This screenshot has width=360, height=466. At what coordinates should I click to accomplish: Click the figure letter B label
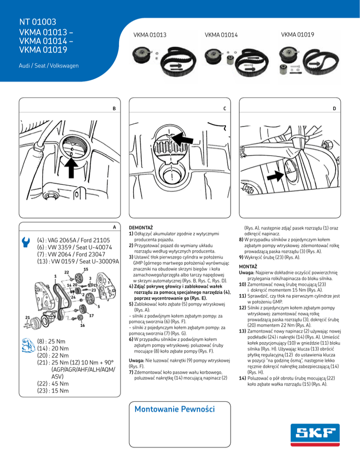[114, 109]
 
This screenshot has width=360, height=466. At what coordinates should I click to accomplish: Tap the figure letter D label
[334, 109]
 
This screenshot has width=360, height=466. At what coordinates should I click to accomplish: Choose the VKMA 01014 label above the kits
[222, 35]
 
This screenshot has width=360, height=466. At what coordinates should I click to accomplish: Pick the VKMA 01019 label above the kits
[297, 35]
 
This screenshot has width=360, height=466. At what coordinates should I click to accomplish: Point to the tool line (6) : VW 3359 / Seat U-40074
[74, 247]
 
